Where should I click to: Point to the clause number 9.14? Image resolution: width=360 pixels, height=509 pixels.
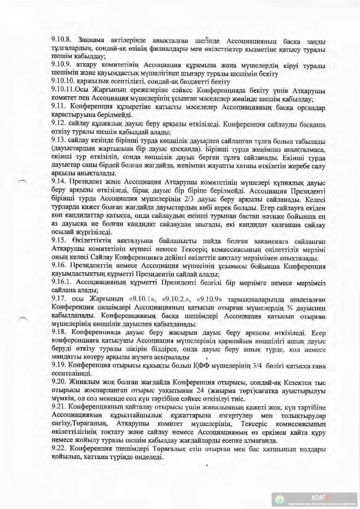[x=58, y=182]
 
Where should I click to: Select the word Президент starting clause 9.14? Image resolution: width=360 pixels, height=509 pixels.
[x=82, y=182]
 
